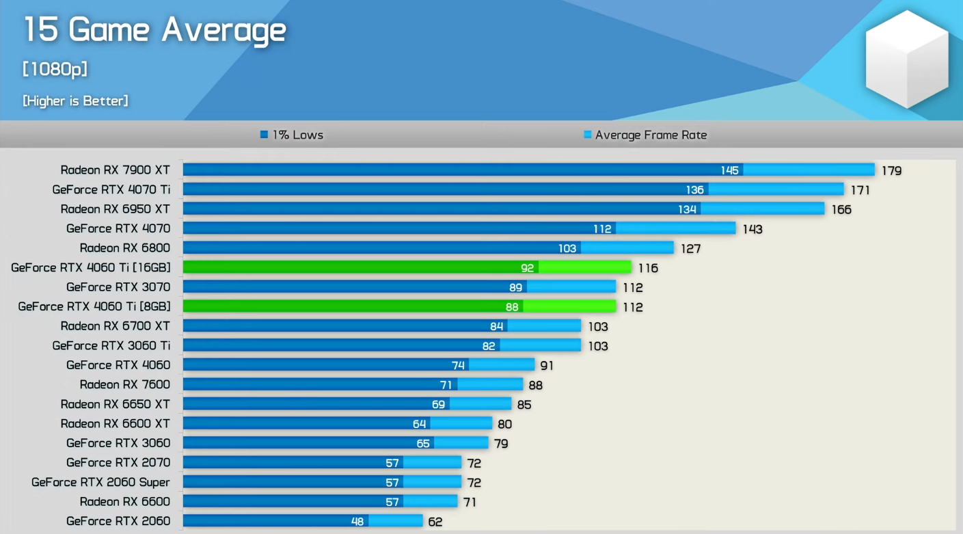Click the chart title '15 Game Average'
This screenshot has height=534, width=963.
coord(154,31)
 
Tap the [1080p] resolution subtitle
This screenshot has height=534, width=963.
coord(55,69)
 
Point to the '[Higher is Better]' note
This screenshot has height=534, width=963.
coord(75,101)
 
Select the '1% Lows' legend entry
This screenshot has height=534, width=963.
coord(292,135)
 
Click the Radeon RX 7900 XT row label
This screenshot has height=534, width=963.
coord(115,170)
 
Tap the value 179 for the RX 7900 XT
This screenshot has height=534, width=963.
coord(891,171)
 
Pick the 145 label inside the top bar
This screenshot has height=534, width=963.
coord(729,170)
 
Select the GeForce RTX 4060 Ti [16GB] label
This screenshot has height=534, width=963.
coord(91,268)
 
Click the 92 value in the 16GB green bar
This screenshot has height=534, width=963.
coord(527,268)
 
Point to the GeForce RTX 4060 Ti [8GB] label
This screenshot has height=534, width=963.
coord(94,307)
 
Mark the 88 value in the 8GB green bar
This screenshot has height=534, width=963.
coord(512,307)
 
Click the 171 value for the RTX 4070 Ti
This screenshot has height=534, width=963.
coord(860,190)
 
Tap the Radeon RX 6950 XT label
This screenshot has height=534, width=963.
coord(115,209)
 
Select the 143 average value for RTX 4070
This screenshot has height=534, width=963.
coord(752,229)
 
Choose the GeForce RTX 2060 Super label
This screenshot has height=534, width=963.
coord(100,483)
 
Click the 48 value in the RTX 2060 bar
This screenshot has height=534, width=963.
coord(357,522)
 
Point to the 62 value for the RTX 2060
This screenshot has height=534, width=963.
coord(435,522)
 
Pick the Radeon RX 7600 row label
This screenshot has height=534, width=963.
coord(124,385)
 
